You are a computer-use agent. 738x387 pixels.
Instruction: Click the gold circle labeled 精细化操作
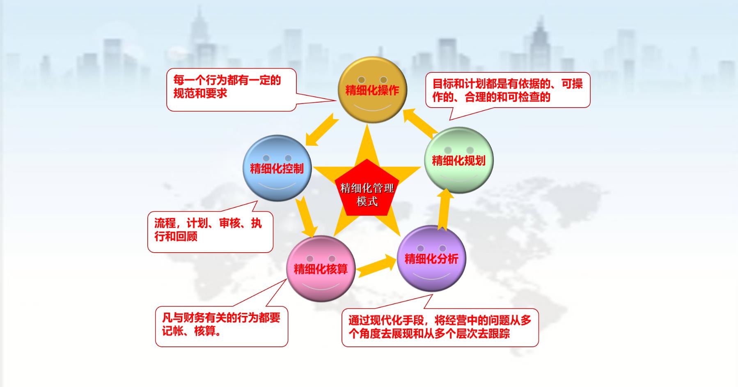(372, 90)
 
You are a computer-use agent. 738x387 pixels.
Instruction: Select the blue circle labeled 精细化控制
(277, 168)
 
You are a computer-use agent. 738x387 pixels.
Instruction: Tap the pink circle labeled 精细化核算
(321, 269)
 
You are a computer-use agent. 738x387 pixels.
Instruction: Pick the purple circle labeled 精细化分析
(431, 258)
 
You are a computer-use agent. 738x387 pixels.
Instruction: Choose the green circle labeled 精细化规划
(458, 160)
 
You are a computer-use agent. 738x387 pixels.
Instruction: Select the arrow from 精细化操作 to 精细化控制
(322, 130)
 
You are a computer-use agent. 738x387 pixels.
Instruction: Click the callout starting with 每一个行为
(231, 90)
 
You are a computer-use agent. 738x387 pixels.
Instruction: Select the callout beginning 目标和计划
(508, 90)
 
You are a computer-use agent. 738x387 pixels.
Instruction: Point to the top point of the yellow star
(367, 124)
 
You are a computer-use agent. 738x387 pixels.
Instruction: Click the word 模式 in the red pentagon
(367, 201)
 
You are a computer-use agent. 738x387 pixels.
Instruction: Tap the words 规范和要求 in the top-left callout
(200, 93)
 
